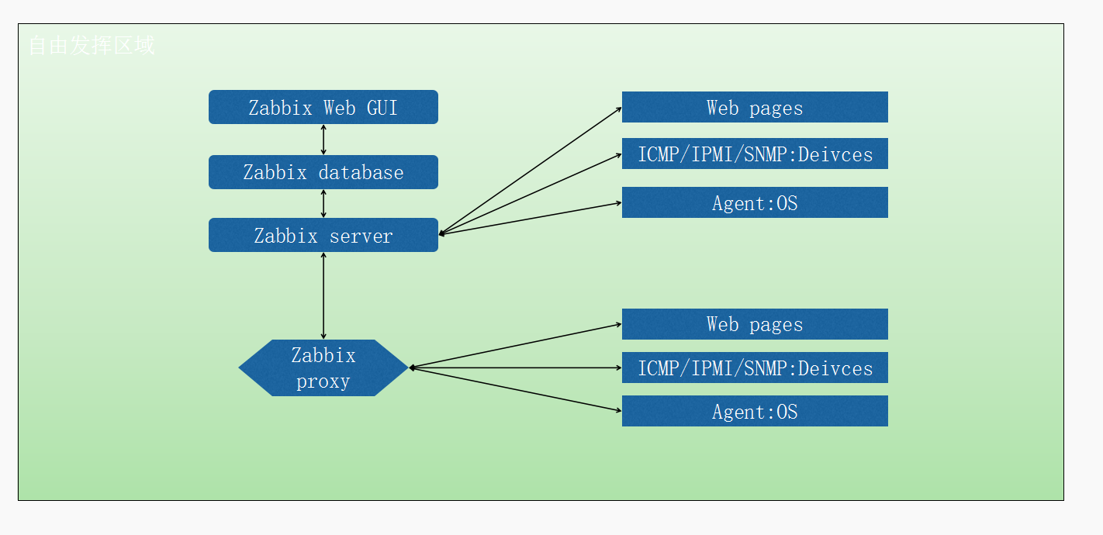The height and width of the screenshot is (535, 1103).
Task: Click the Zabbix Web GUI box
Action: point(323,107)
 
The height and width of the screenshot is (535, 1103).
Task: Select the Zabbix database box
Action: point(323,172)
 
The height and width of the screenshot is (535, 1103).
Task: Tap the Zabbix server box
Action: point(323,235)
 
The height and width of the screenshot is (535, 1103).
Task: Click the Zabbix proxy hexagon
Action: point(323,368)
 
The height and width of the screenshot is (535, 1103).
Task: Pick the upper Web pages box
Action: point(754,107)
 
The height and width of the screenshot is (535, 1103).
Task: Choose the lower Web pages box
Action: point(754,324)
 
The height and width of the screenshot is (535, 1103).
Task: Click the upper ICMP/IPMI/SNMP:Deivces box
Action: point(754,154)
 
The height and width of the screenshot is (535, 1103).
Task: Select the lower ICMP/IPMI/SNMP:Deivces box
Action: point(754,368)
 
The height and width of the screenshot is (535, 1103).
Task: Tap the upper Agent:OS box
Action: point(754,202)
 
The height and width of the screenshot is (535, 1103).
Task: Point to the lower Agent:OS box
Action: point(754,411)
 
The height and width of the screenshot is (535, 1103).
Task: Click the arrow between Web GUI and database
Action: point(323,140)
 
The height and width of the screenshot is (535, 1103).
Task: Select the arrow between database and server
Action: point(323,203)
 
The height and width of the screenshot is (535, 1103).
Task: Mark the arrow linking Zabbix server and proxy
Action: point(323,295)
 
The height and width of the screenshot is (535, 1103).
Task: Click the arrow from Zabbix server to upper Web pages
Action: point(530,171)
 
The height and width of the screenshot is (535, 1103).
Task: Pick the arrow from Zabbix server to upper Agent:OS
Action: point(530,218)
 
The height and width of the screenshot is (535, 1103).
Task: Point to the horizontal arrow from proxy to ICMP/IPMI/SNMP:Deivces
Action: point(515,368)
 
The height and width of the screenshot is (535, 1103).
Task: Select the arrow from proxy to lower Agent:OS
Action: point(515,389)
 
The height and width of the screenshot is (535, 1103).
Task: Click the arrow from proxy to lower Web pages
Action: point(515,346)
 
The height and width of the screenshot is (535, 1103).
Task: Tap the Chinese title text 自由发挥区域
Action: point(92,46)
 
